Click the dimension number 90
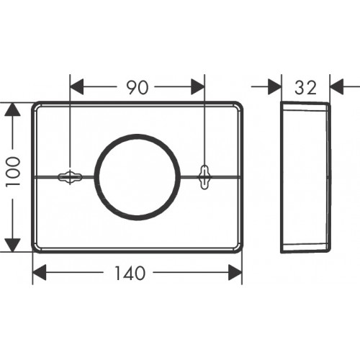coord(138,87)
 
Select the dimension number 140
coord(130,273)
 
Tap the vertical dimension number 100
coord(14,172)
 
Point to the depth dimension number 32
coord(305,87)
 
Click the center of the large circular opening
coord(138,177)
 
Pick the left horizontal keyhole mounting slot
coord(70,177)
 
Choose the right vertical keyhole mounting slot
coord(204,177)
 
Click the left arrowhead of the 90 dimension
coord(76,86)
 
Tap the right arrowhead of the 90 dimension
coord(198,86)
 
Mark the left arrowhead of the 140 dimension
coord(40,272)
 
